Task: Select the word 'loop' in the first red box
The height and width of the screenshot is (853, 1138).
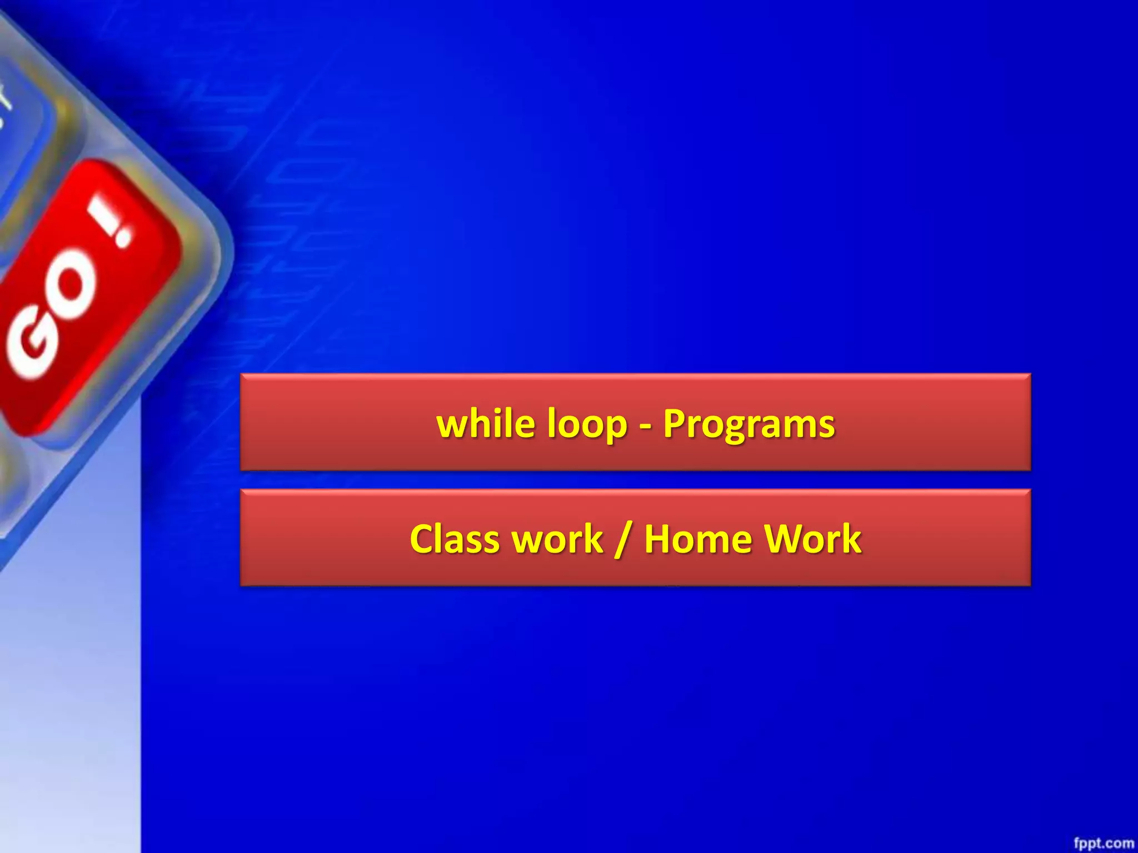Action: click(x=587, y=425)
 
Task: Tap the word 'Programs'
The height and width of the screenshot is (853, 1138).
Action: click(x=748, y=425)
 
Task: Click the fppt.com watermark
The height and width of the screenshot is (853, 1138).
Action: click(x=1103, y=843)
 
